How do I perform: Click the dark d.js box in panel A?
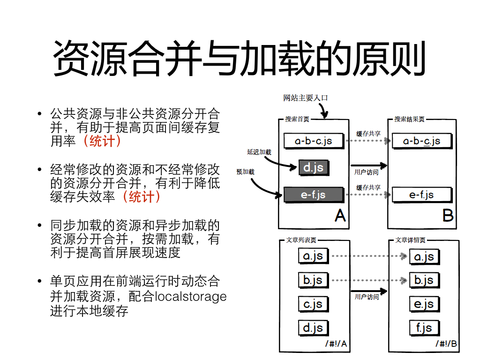click(x=314, y=167)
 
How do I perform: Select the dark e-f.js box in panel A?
click(x=314, y=195)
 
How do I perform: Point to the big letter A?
click(x=340, y=216)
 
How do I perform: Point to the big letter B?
click(x=448, y=216)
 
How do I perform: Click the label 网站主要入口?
click(x=306, y=98)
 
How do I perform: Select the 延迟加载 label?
click(x=259, y=152)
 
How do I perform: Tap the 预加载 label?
click(x=245, y=172)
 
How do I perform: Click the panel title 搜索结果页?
click(x=409, y=119)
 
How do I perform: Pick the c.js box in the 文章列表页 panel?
click(x=313, y=304)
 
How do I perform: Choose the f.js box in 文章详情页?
click(x=424, y=328)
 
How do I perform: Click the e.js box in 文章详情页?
click(x=424, y=304)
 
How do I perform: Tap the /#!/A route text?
click(x=336, y=344)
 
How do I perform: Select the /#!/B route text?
click(x=446, y=344)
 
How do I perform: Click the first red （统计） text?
click(x=102, y=141)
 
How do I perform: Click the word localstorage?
click(x=191, y=297)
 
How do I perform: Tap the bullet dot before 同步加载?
click(x=39, y=225)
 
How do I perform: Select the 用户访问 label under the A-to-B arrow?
click(x=367, y=172)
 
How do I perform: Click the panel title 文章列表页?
click(x=301, y=240)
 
